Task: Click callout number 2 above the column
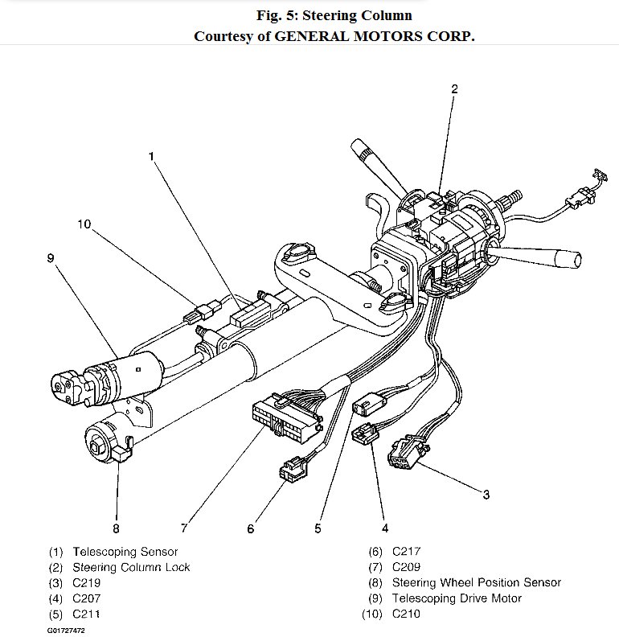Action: coord(453,89)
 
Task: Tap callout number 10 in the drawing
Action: coord(84,224)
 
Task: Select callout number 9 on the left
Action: coord(50,257)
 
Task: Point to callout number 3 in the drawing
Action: coord(486,494)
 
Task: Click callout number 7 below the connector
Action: coord(184,528)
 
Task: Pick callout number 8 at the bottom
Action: coord(116,528)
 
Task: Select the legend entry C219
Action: coord(88,582)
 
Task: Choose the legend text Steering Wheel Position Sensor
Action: coord(476,582)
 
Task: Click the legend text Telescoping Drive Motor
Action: coord(457,598)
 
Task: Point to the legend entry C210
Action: coord(406,614)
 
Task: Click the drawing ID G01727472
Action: coord(66,630)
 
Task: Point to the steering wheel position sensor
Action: coord(108,441)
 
